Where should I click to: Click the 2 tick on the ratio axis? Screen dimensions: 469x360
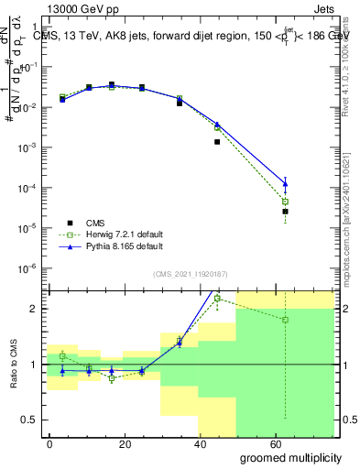[x=33, y=309]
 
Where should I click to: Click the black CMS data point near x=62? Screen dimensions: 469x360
[x=286, y=212]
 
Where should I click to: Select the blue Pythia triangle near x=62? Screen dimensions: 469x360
[x=286, y=184]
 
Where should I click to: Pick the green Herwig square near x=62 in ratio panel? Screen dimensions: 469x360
[x=286, y=320]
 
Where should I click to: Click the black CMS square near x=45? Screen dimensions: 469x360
[x=217, y=142]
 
